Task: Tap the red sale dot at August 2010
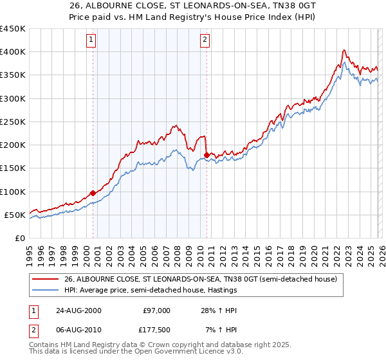207,155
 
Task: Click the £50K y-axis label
15,215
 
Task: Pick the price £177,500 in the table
156,330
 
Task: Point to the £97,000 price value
156,310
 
